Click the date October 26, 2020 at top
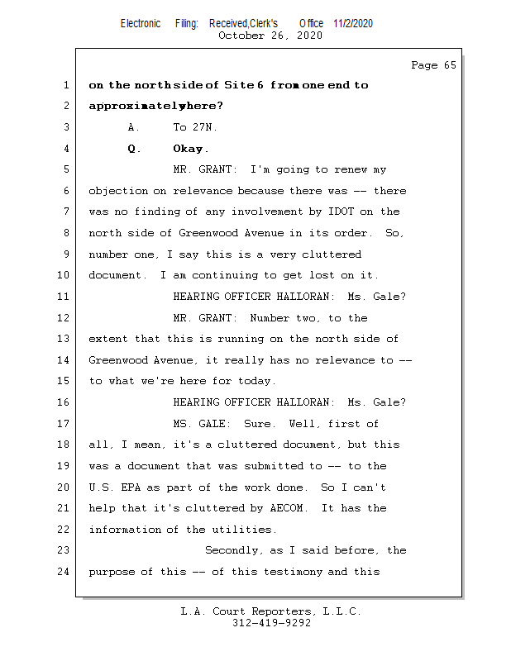click(270, 36)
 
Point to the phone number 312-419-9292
click(271, 624)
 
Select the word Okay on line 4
click(189, 149)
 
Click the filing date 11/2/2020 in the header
click(353, 24)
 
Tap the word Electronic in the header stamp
click(141, 24)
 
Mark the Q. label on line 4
click(134, 149)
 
